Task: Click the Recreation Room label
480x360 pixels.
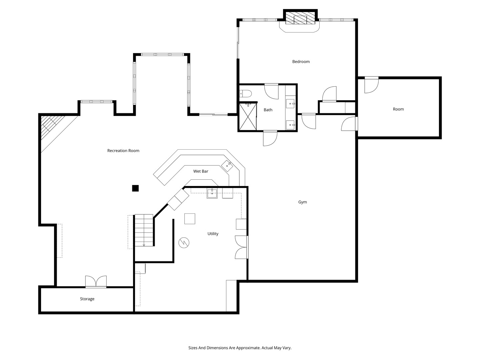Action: [123, 151]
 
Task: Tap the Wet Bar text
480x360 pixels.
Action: [201, 171]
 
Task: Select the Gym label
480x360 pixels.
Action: [302, 202]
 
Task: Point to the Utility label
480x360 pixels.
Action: [213, 234]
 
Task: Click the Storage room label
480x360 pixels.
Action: [87, 299]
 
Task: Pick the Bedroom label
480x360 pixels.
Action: [301, 62]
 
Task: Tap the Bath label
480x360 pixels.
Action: [268, 110]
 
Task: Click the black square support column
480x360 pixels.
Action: [135, 188]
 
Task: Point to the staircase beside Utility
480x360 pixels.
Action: [144, 230]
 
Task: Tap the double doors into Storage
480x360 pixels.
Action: [96, 282]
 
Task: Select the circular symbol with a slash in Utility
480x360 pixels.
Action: [184, 242]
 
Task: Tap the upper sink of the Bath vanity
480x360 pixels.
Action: [290, 104]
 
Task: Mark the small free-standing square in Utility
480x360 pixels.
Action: [190, 219]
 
